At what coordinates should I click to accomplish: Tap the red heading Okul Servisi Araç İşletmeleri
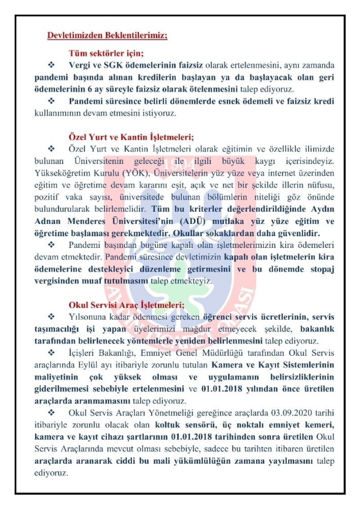[126, 305]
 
